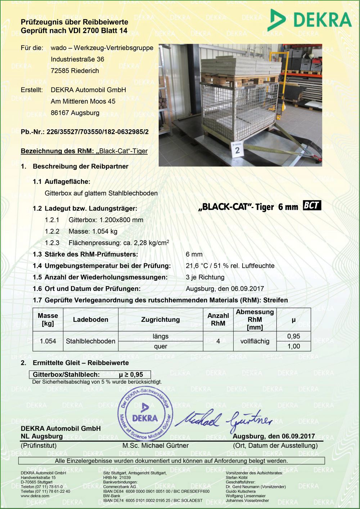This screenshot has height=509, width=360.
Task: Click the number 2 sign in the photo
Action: coord(237,149)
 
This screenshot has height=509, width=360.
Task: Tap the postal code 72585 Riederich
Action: coord(75,71)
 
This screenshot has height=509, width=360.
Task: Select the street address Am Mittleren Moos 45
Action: coord(83,101)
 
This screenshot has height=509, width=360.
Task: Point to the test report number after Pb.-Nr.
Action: coord(97,132)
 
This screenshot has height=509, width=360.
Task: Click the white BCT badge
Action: coord(312,206)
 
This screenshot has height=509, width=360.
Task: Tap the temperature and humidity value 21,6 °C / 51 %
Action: coord(230,266)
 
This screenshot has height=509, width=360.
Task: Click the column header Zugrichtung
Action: coord(160,319)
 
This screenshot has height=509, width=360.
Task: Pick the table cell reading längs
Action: coord(160,336)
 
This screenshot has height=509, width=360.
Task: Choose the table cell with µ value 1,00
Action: coord(293,346)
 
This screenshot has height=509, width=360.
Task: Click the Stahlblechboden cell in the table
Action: coord(90,341)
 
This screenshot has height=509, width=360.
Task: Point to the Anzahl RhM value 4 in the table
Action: coord(218,341)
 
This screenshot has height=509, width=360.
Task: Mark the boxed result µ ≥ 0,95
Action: coord(131,374)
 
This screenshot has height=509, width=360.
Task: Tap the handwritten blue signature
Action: coord(227,420)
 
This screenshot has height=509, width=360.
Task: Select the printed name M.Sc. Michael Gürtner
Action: coord(155,445)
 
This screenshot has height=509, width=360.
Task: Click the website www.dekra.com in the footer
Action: coord(35,496)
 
